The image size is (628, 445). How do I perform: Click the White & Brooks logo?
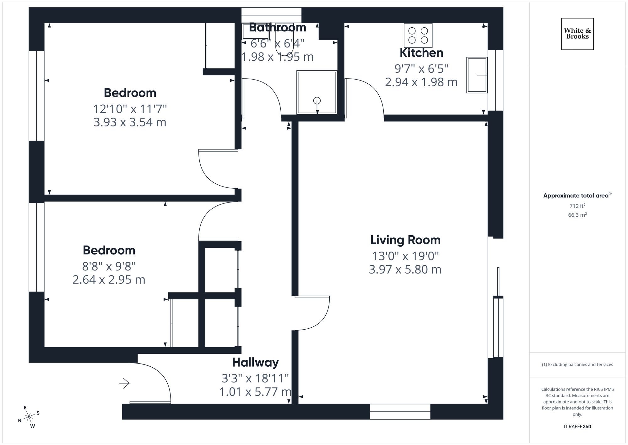coord(577,34)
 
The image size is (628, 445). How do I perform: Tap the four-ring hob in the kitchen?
coord(418,35)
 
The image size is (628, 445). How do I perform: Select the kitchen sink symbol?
coord(477,75)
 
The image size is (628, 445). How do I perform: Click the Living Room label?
coord(405,240)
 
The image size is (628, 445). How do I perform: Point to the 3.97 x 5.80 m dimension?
coord(405,270)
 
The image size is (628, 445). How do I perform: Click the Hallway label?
coord(255,362)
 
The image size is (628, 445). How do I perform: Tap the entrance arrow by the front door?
coord(124,383)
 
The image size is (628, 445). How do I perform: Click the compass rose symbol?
coord(29,417)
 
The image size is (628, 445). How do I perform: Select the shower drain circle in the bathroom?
coord(317,101)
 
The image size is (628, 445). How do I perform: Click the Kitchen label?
coord(421,53)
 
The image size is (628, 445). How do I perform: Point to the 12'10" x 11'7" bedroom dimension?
coord(130,109)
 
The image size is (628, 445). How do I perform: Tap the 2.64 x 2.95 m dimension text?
coord(109,280)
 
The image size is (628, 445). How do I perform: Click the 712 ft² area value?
coord(577,206)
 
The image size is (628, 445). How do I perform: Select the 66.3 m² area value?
coord(577,215)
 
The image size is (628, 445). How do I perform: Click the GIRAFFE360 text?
coord(577,426)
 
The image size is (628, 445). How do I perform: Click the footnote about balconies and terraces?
coord(577,364)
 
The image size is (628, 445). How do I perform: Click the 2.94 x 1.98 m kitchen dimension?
coord(421,82)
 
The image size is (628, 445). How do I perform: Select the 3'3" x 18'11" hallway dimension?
coord(255,378)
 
